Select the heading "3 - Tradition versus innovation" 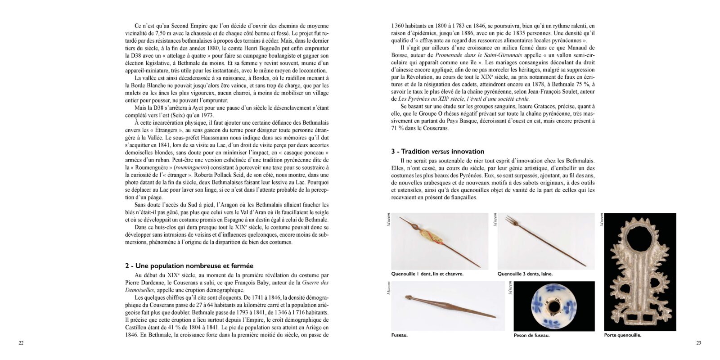(437, 151)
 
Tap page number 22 (21, 343)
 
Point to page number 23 (698, 343)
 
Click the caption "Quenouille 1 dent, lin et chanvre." (427, 274)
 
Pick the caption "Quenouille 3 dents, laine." (525, 274)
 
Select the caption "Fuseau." (400, 335)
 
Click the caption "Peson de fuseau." (531, 335)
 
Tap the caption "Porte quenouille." (623, 335)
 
